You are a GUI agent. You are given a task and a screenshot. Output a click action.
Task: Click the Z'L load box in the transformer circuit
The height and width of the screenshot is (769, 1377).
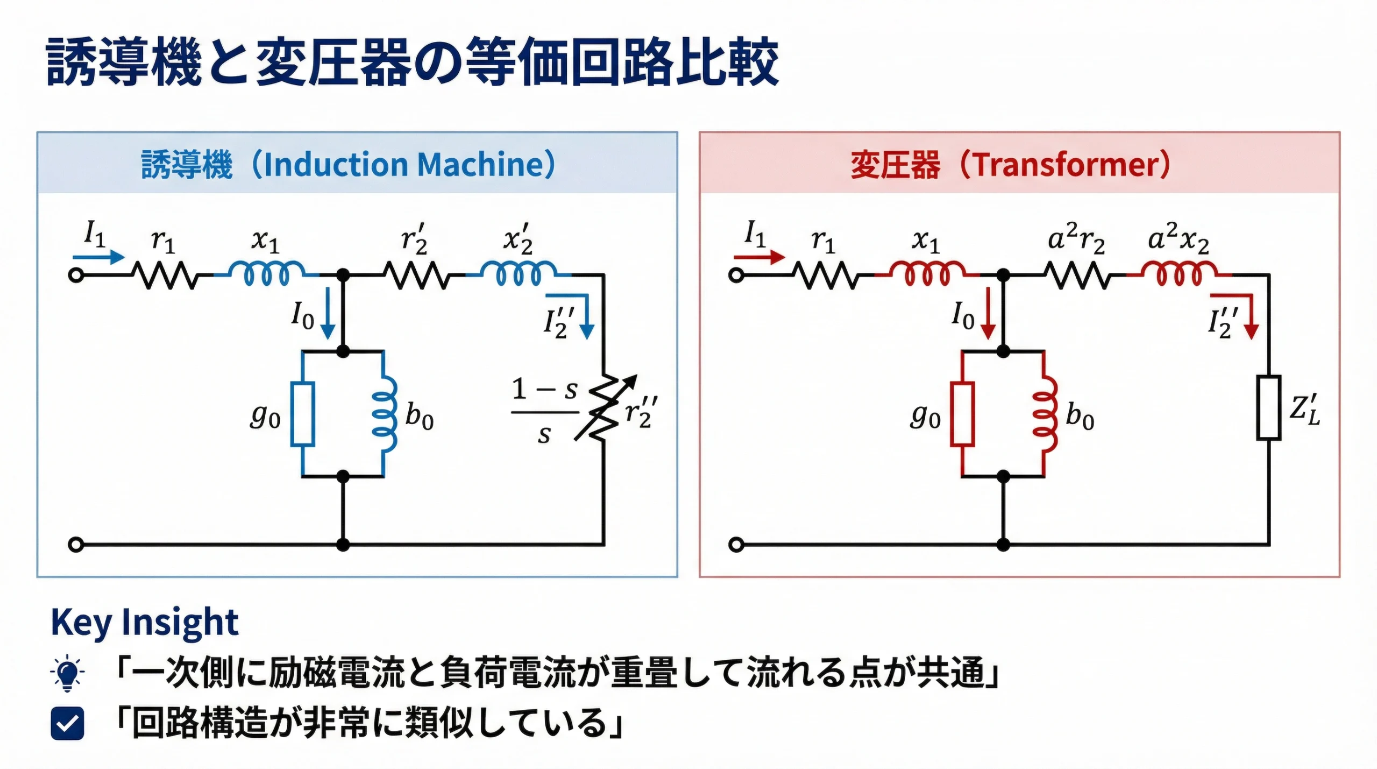(x=1268, y=407)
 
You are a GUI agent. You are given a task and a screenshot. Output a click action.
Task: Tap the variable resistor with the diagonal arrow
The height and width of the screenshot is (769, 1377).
(x=604, y=407)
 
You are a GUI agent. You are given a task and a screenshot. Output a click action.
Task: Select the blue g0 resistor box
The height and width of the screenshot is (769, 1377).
(x=302, y=414)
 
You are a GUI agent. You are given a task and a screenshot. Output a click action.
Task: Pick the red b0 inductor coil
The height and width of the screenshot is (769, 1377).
(x=1045, y=414)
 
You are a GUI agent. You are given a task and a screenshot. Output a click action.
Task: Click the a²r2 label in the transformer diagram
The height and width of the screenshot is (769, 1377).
(x=1076, y=240)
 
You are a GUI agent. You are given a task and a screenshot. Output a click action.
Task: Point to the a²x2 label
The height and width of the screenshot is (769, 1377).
(x=1178, y=240)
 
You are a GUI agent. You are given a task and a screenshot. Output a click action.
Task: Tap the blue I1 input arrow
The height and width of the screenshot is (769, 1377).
(x=98, y=257)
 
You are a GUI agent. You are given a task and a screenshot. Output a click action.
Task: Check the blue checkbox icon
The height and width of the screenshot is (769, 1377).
(x=67, y=723)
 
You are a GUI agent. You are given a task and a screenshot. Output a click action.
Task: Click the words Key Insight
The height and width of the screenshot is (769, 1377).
(x=144, y=622)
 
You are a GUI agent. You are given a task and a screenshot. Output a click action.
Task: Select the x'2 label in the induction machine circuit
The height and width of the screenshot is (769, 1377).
(x=517, y=240)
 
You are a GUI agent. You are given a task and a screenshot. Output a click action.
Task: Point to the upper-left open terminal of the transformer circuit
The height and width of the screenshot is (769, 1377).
(x=736, y=276)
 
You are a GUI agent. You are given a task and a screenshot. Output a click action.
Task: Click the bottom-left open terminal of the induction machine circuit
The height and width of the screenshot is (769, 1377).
(x=76, y=545)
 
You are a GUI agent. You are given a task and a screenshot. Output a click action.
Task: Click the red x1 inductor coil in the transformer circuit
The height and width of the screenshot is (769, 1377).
(x=927, y=273)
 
